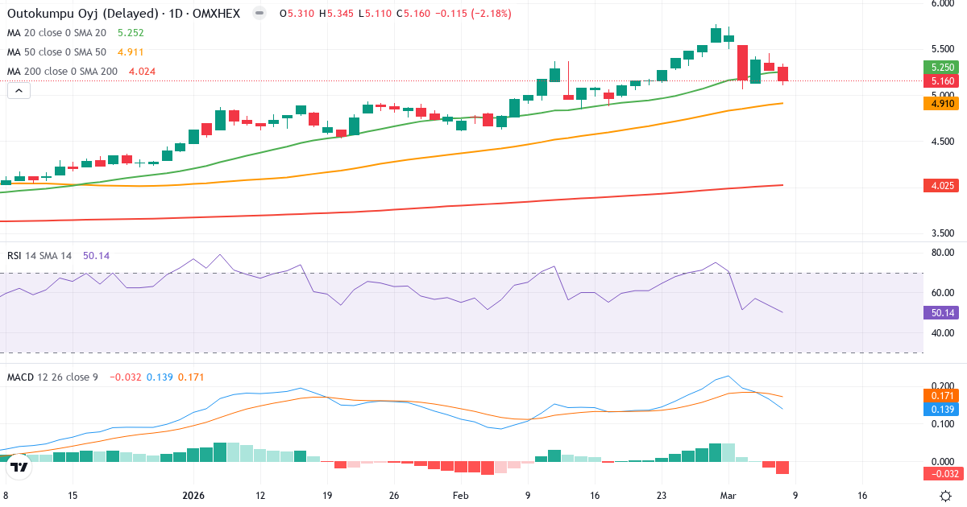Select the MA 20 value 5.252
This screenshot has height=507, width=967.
pyautogui.click(x=131, y=33)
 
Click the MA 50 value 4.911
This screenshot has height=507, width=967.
pyautogui.click(x=131, y=52)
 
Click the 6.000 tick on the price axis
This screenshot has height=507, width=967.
pyautogui.click(x=942, y=3)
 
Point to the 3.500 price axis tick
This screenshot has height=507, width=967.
pyautogui.click(x=942, y=234)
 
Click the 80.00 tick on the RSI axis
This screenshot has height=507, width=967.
pyautogui.click(x=942, y=253)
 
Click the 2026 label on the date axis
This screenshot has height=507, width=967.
pyautogui.click(x=194, y=496)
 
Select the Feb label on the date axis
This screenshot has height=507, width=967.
pyautogui.click(x=460, y=496)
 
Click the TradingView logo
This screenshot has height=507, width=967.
pyautogui.click(x=19, y=466)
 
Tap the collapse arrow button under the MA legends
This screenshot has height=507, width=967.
pyautogui.click(x=19, y=91)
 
